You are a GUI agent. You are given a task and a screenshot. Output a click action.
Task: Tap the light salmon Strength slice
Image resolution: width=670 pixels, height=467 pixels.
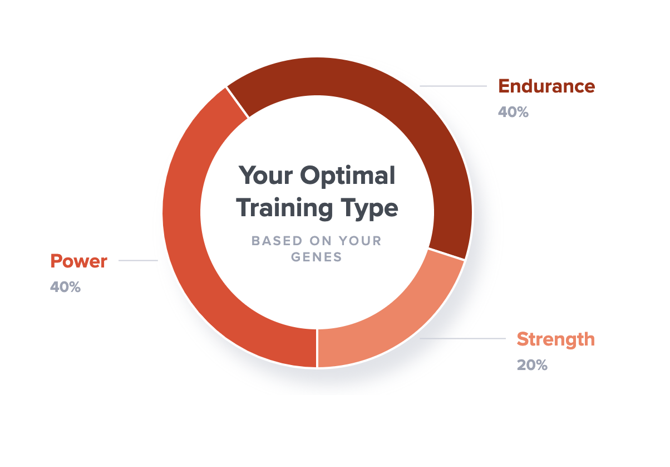(x=390, y=329)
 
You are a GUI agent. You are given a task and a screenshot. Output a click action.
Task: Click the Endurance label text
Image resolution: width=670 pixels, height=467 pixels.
(x=546, y=86)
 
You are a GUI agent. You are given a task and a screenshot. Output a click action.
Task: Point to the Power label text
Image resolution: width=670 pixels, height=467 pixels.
(x=78, y=261)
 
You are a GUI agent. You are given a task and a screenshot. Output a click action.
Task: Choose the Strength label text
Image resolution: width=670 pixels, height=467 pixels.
(x=555, y=339)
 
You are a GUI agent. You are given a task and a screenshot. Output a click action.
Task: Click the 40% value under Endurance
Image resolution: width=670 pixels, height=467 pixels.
(x=513, y=112)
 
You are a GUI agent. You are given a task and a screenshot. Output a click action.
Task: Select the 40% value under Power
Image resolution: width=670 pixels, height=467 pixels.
(x=65, y=287)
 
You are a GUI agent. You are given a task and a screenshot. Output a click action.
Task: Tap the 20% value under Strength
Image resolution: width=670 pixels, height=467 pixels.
(x=532, y=365)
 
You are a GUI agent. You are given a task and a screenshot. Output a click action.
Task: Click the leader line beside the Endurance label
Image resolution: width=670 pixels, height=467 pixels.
(x=453, y=86)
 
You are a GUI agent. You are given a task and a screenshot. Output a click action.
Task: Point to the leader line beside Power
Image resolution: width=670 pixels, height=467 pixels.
(x=138, y=260)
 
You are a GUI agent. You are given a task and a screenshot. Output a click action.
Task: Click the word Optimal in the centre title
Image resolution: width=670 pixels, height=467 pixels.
(x=348, y=176)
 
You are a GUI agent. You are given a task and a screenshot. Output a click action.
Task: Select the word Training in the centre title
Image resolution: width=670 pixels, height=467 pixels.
(x=283, y=208)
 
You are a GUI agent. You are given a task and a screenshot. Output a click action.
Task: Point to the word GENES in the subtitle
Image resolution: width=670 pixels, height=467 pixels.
(x=318, y=257)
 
